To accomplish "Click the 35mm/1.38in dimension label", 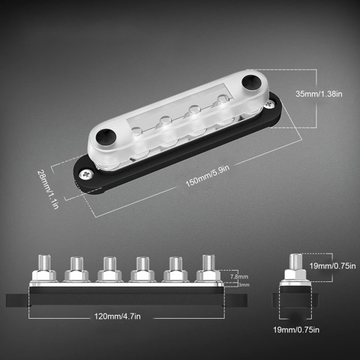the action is point(319,94).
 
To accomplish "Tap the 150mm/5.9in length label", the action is point(207,175).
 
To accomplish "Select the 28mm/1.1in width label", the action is point(48,189).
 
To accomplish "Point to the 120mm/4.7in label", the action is point(117,316).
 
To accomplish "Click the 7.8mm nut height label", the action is point(239,277).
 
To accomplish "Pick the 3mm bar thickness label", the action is point(244,285).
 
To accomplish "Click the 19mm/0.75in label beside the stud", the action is point(332,265).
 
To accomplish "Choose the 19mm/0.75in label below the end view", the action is point(296,330).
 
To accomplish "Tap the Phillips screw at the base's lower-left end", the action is point(86,174).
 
